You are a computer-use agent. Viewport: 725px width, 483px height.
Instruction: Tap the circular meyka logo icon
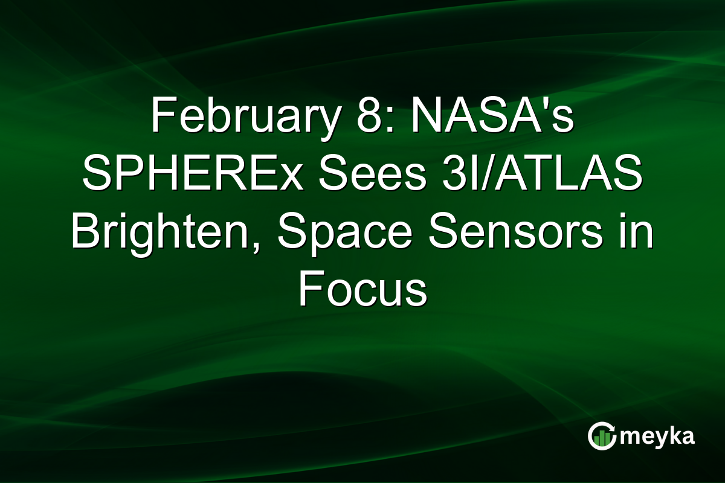[x=602, y=437]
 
